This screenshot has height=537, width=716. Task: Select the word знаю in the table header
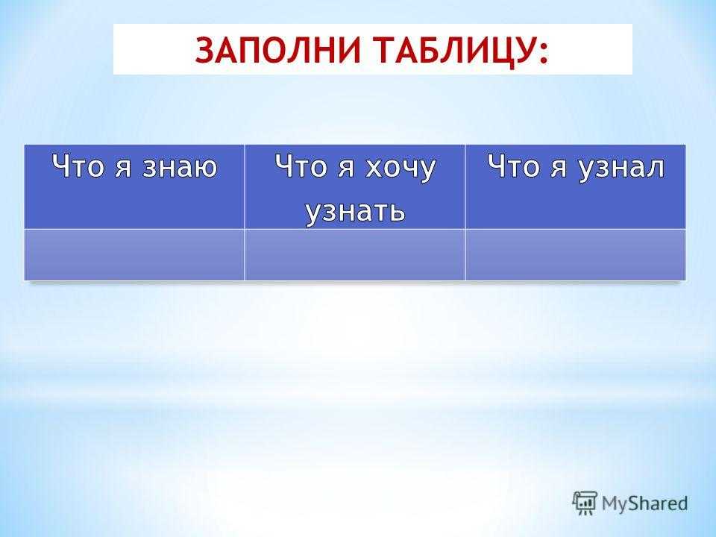click(180, 166)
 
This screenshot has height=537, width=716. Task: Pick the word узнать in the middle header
click(355, 212)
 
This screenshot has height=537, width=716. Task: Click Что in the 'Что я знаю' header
click(78, 166)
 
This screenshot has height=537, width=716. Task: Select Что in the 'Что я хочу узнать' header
click(301, 166)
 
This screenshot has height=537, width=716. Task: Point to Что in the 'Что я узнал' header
click(514, 166)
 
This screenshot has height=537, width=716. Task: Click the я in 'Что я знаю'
click(124, 167)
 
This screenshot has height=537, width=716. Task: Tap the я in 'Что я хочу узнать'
click(347, 167)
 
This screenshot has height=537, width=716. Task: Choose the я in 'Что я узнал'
click(559, 167)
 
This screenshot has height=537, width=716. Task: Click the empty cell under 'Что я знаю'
click(134, 255)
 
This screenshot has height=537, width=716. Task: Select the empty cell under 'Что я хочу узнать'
click(355, 255)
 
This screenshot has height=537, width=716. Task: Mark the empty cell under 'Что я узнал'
click(575, 255)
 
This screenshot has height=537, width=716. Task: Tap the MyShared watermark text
click(644, 504)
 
